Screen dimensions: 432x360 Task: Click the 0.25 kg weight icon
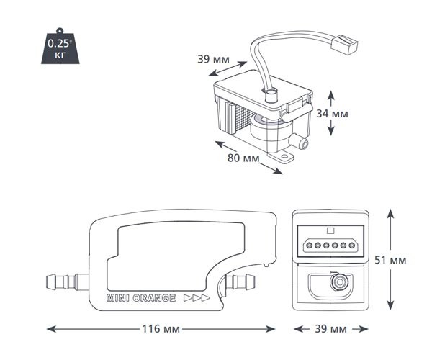[60, 47]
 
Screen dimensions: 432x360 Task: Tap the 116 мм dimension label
[161, 329]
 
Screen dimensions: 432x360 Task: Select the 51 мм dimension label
[390, 261]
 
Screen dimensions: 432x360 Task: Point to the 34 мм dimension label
[332, 114]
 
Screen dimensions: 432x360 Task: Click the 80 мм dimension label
[243, 158]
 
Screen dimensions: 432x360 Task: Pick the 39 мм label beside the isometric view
[213, 59]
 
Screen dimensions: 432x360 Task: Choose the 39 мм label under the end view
[330, 329]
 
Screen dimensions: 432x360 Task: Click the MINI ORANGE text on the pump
[141, 298]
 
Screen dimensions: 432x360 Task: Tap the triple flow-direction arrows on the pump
[197, 298]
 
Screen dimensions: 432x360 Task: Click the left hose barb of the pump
[68, 282]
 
